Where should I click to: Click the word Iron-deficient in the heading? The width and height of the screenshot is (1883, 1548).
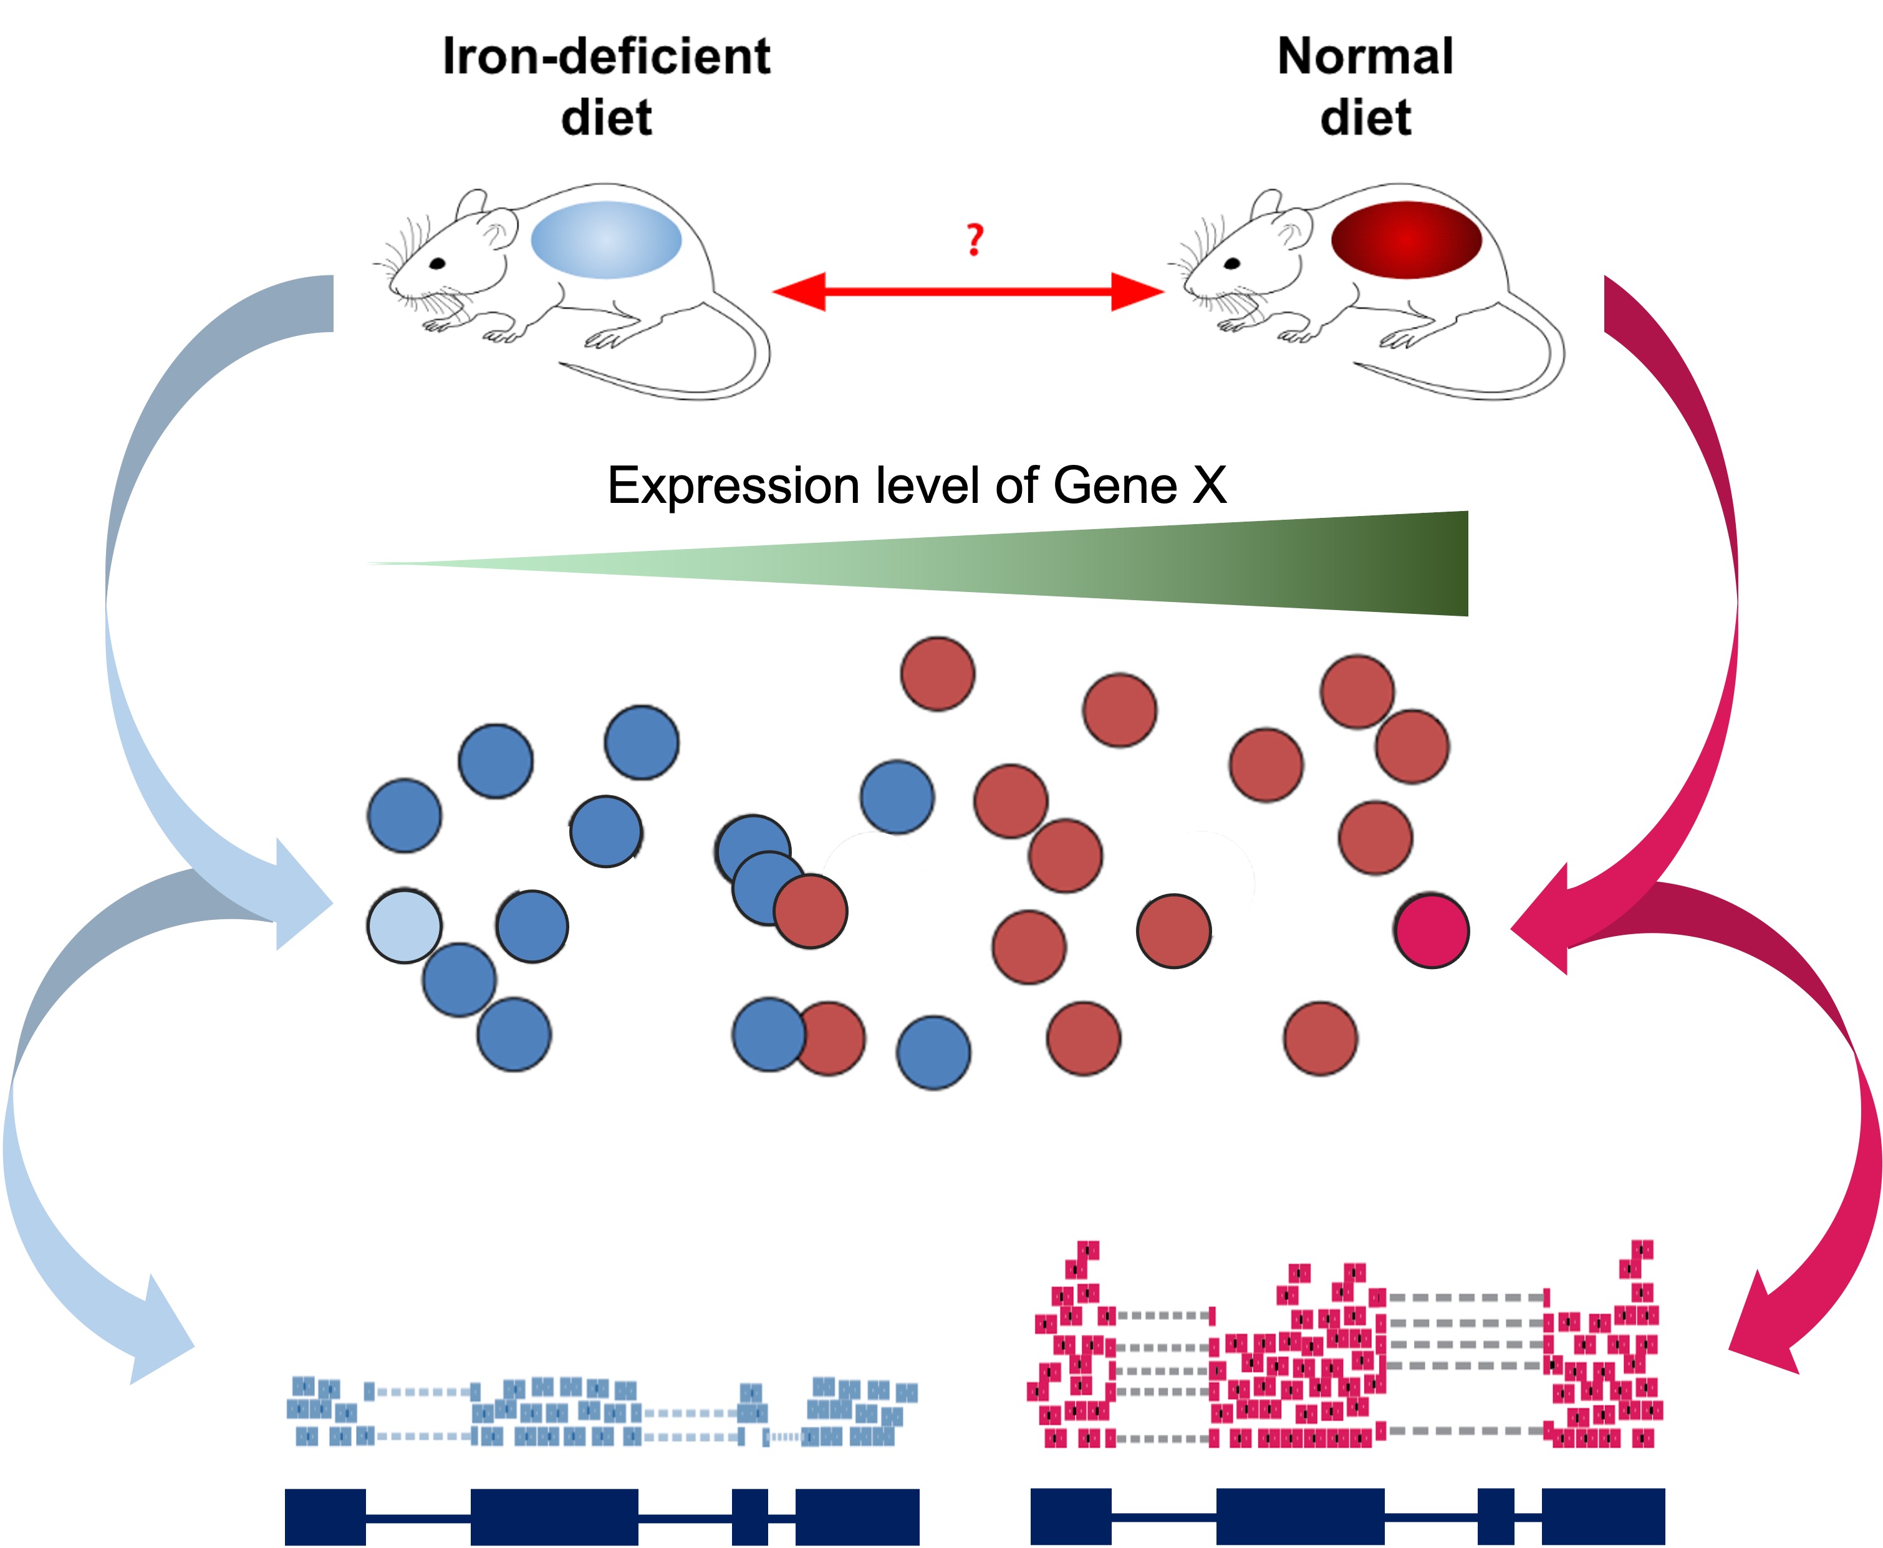click(607, 56)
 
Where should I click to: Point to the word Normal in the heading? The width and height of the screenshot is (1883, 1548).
click(1365, 56)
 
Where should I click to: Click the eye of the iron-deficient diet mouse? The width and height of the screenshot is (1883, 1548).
click(438, 263)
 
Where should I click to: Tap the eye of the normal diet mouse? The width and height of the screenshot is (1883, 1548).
click(1232, 263)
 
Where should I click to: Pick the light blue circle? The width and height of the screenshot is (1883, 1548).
click(404, 925)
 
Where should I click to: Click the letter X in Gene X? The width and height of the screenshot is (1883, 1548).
click(1208, 486)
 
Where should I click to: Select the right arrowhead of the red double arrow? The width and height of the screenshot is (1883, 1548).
click(1137, 292)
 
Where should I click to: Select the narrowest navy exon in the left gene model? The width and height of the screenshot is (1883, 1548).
click(749, 1516)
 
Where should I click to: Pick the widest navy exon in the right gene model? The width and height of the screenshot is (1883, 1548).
click(1299, 1516)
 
